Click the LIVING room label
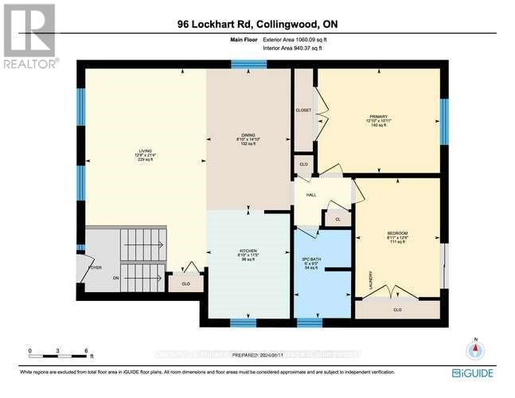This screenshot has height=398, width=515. click(x=145, y=149)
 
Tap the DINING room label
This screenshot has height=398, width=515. click(x=248, y=135)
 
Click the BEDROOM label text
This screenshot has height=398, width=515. click(x=397, y=232)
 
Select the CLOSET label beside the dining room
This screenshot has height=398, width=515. click(x=303, y=110)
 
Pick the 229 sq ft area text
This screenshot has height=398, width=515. click(x=145, y=160)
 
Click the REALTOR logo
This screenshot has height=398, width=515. click(x=29, y=36)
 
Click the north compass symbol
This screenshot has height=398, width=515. click(x=475, y=348)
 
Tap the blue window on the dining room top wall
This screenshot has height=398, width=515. click(x=248, y=64)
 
